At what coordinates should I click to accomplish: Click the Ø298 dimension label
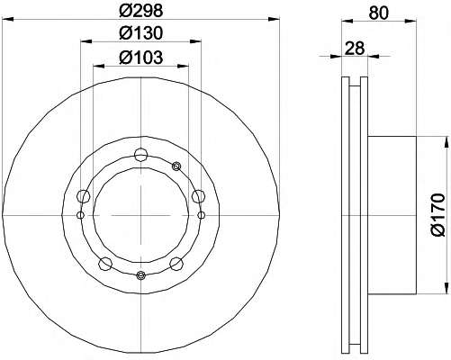140,11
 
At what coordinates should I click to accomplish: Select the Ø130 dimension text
140,33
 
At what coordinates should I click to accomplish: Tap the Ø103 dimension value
140,57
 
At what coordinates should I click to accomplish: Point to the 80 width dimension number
379,13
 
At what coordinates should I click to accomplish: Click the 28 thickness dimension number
355,48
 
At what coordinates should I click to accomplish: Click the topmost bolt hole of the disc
140,155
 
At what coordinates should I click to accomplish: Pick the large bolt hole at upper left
84,196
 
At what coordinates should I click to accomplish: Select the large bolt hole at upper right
198,196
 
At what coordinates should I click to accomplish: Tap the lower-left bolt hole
105,264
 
